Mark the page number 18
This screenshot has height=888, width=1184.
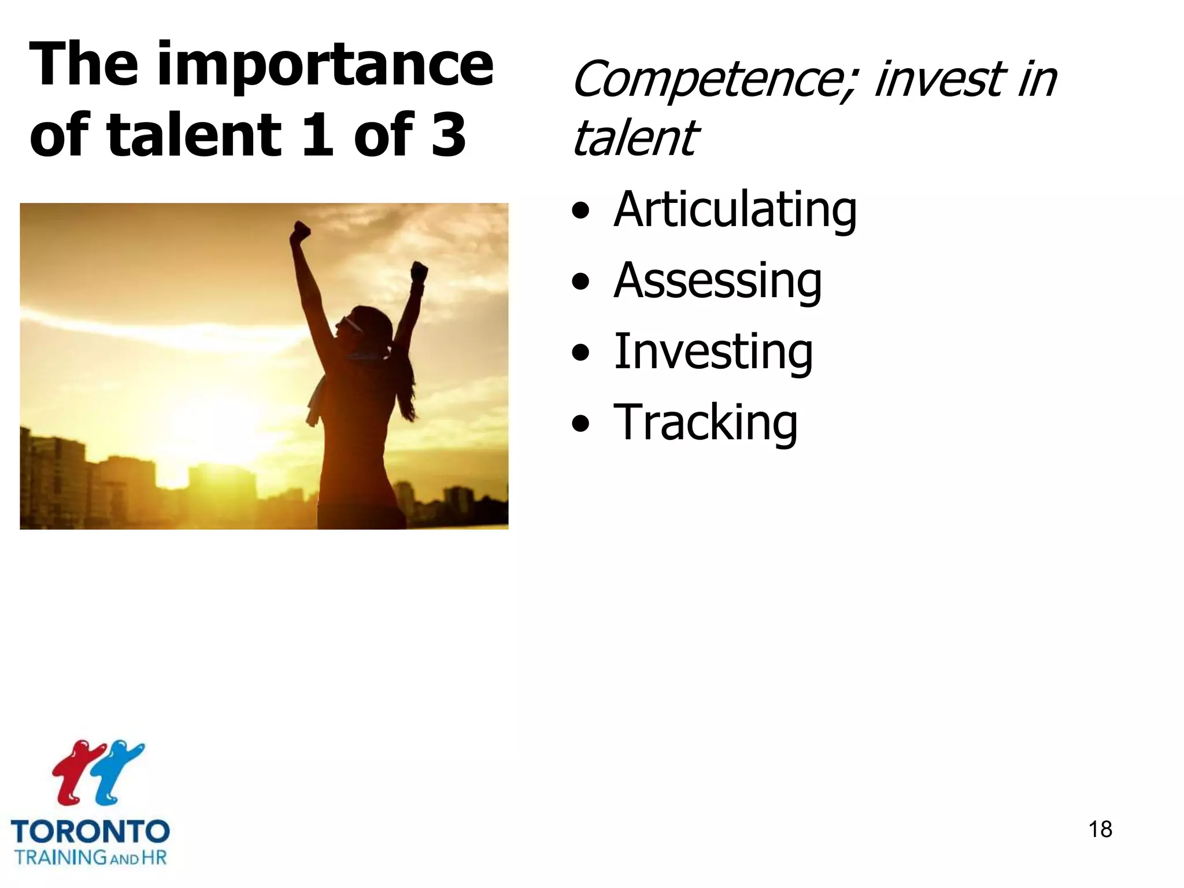coord(1100,830)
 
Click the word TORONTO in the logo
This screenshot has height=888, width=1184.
coord(90,832)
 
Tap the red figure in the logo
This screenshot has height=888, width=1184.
coord(75,772)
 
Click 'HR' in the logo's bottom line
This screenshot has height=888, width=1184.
coord(154,857)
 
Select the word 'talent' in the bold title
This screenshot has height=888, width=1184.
coord(194,135)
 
